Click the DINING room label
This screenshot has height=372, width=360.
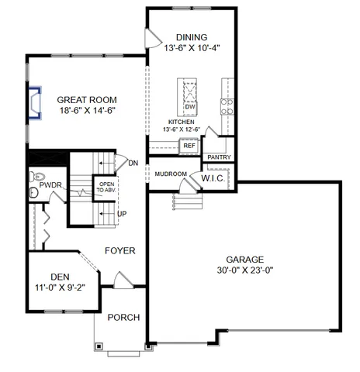pyautogui.click(x=192, y=36)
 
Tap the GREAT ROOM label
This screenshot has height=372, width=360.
pyautogui.click(x=87, y=100)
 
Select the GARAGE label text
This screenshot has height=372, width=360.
pyautogui.click(x=244, y=260)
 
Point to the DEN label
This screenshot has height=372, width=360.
pyautogui.click(x=60, y=276)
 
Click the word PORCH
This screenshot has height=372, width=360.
pyautogui.click(x=123, y=316)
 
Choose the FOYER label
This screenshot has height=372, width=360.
pyautogui.click(x=120, y=251)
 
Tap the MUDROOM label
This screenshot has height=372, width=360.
pyautogui.click(x=170, y=174)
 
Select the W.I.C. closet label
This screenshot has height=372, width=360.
pyautogui.click(x=213, y=178)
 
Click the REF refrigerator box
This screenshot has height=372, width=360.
pyautogui.click(x=189, y=145)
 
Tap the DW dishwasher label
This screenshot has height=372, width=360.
pyautogui.click(x=189, y=106)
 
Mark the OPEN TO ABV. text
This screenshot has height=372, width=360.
pyautogui.click(x=105, y=187)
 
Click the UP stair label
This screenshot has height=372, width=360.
pyautogui.click(x=122, y=213)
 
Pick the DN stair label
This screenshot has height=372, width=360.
pyautogui.click(x=133, y=163)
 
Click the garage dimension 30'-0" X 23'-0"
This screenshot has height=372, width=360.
pyautogui.click(x=244, y=271)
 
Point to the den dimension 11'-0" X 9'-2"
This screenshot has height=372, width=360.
pyautogui.click(x=60, y=288)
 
